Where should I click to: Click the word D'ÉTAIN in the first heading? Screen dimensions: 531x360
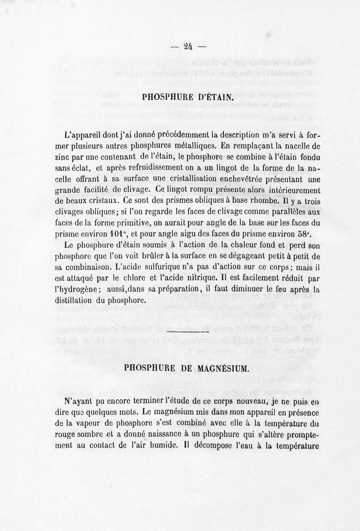pos(212,97)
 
